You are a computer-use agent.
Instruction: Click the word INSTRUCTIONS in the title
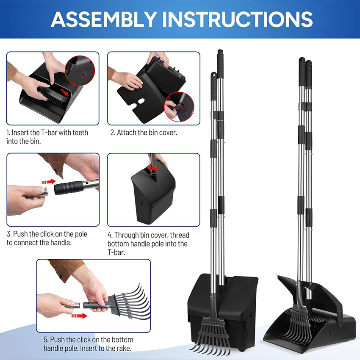[x=238, y=19]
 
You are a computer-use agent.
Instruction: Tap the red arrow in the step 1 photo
[x=64, y=92]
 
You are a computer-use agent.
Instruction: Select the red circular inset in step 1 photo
[x=80, y=70]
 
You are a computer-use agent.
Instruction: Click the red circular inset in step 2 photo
[x=179, y=107]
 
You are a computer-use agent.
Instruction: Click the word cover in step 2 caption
[x=168, y=133]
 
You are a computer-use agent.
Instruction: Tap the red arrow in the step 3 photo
[x=48, y=182]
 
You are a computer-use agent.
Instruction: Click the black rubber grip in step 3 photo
[x=69, y=187]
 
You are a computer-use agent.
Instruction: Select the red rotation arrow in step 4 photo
[x=153, y=167]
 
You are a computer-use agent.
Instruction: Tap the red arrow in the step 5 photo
[x=79, y=316]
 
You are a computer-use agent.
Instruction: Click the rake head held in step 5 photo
[x=129, y=301]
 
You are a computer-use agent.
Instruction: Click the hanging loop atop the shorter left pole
[x=213, y=75]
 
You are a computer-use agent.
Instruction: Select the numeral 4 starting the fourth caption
[x=109, y=235]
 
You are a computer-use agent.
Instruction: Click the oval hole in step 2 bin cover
[x=141, y=101]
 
